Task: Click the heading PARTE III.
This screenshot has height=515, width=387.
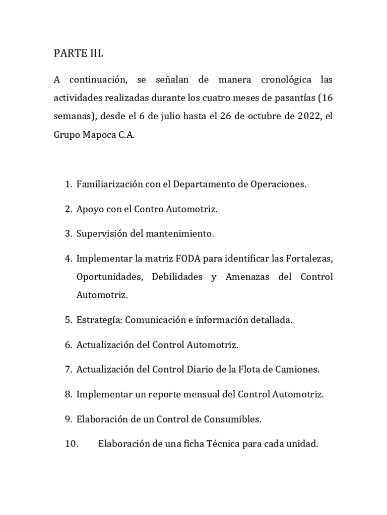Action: (79, 54)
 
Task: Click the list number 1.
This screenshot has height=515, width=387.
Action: (69, 184)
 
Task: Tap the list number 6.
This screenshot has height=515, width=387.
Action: (69, 345)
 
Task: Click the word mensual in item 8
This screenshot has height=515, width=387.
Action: (203, 394)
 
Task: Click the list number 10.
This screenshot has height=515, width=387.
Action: (71, 444)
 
